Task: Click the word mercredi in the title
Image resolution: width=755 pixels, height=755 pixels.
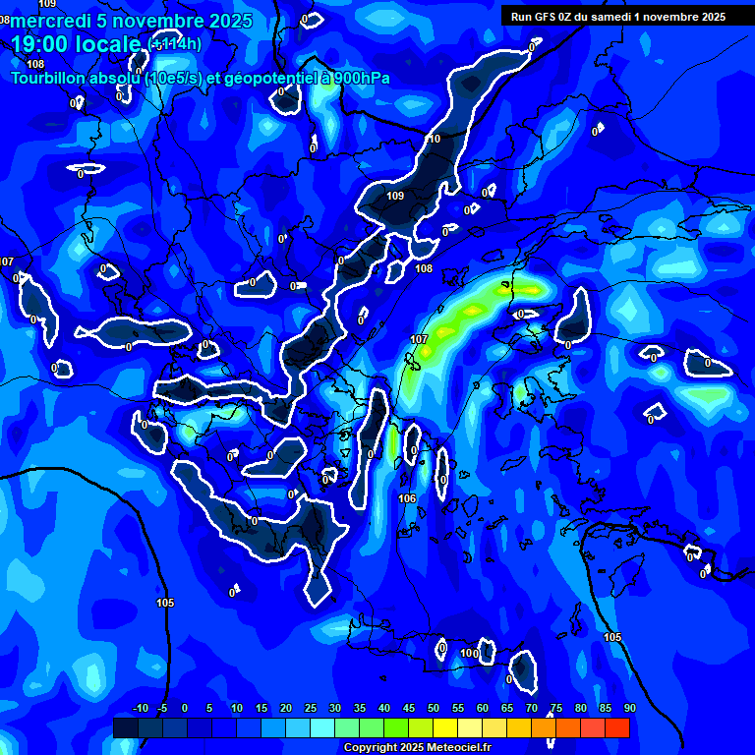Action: pos(52,21)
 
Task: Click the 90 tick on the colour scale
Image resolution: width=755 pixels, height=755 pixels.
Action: pos(629,708)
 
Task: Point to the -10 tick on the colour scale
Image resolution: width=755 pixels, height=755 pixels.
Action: pos(140,708)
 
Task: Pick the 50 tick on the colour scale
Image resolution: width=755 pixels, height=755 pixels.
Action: pos(433,708)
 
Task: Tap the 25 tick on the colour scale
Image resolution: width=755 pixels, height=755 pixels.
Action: pos(310,708)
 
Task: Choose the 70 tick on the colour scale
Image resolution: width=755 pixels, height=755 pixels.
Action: pos(531,708)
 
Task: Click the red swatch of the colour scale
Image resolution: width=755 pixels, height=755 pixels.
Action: pos(616,727)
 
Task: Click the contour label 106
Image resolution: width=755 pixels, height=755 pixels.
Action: pos(408,498)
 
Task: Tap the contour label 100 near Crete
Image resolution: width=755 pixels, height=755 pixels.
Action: pos(469,653)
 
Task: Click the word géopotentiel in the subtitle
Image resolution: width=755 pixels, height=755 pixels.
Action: pos(265,78)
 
